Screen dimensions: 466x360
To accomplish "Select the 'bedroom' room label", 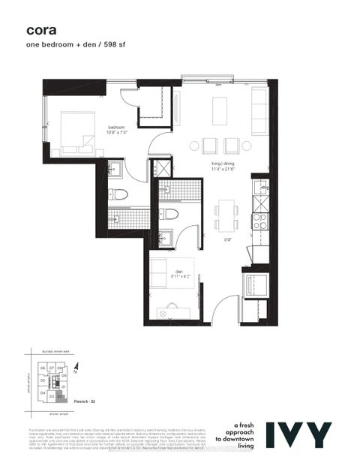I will coord(115,128).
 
